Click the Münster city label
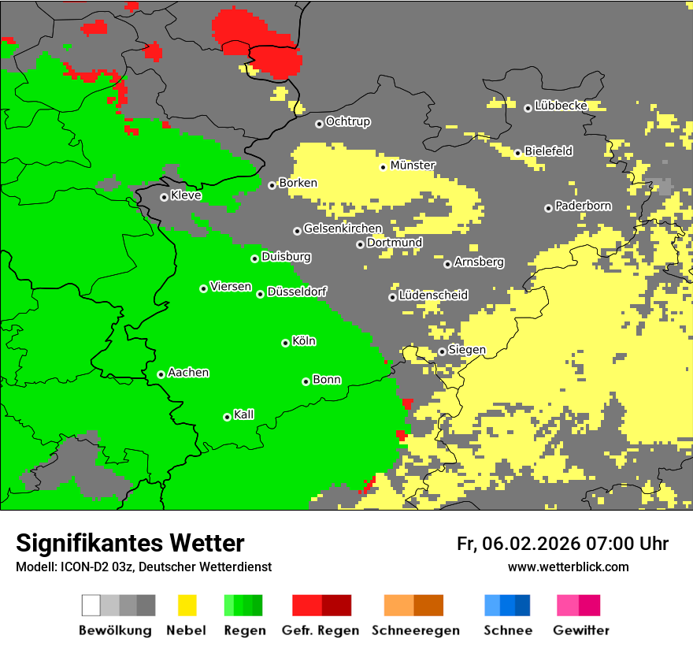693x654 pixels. [x=413, y=165]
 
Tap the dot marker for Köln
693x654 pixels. [x=285, y=343]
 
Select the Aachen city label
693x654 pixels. [x=188, y=373]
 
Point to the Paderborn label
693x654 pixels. [x=583, y=206]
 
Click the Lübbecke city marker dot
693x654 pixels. [x=528, y=108]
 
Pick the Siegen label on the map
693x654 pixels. [x=467, y=350]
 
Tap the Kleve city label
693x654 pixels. [x=186, y=195]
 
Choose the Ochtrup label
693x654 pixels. [x=347, y=122]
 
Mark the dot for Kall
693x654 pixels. [x=227, y=417]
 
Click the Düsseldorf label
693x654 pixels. [x=297, y=292]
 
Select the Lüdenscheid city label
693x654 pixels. [x=433, y=295]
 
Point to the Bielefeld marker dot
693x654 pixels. [x=517, y=152]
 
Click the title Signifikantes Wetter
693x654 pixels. [x=130, y=544]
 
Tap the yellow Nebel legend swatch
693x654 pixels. [x=187, y=605]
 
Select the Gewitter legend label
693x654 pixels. [x=580, y=630]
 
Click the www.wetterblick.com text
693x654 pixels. [x=568, y=567]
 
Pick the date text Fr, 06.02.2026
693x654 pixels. [x=518, y=544]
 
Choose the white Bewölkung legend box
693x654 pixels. [x=91, y=605]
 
